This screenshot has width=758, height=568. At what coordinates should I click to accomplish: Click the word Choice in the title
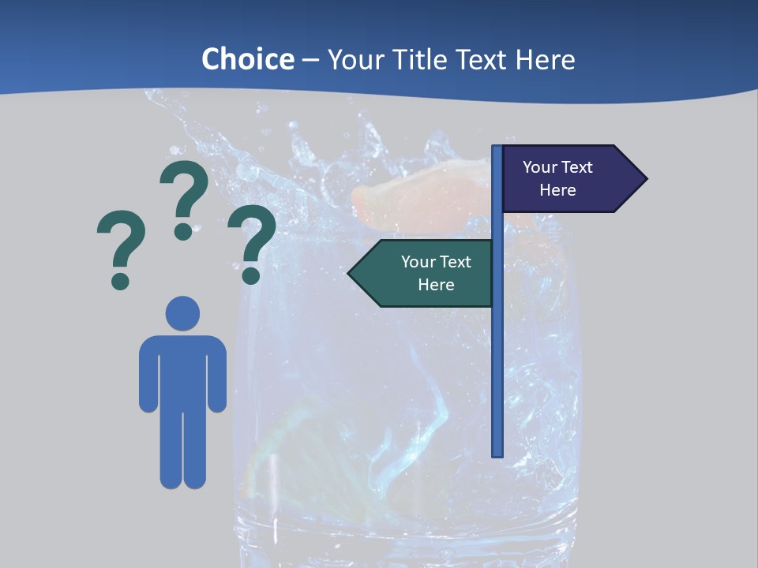(247, 59)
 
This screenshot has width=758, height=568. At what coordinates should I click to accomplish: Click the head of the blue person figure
(182, 312)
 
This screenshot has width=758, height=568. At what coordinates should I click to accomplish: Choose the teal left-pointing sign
(430, 273)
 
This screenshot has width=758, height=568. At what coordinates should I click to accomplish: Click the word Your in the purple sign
(540, 167)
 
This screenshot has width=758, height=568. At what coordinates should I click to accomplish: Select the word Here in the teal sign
(436, 285)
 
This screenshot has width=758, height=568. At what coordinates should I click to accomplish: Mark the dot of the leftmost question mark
(120, 281)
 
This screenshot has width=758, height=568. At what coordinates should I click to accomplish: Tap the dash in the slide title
(310, 60)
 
